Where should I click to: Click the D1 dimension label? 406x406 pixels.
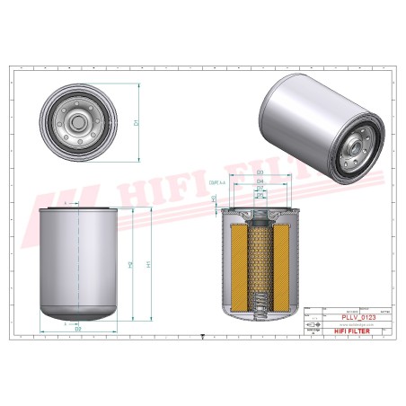point(136,121)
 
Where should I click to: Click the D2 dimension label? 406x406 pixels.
point(78,329)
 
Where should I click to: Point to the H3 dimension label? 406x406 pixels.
point(213,199)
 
